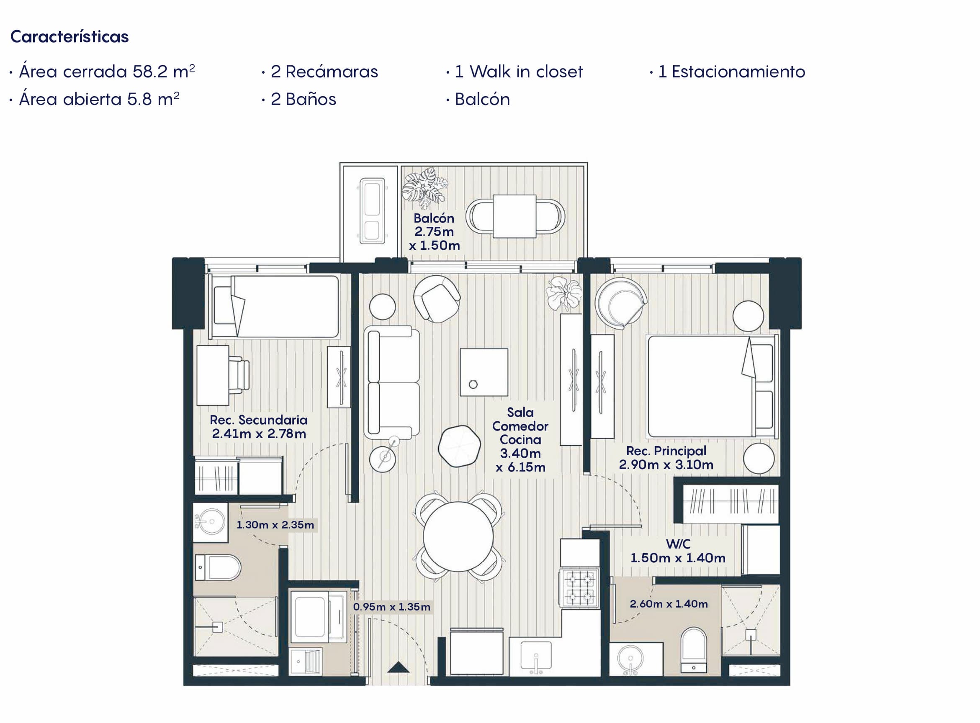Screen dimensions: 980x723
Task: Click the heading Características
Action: tap(69, 37)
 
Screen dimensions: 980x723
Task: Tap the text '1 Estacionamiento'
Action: tap(731, 72)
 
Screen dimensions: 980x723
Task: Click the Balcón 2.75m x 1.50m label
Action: tap(435, 232)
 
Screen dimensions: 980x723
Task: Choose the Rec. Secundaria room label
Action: tap(259, 427)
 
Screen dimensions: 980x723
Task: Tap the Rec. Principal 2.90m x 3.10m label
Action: tap(666, 458)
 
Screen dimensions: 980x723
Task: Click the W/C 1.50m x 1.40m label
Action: tap(678, 551)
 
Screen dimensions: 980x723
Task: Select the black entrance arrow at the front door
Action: tap(399, 667)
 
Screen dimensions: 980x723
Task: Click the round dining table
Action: tap(458, 536)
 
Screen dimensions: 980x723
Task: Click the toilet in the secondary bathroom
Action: tap(218, 568)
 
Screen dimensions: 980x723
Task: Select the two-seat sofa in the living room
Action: tap(391, 382)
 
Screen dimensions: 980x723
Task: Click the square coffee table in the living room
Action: tap(484, 372)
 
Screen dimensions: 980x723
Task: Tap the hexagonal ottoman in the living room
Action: tap(459, 446)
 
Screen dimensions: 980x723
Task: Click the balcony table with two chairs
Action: tap(515, 216)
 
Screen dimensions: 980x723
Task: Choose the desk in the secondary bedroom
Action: tap(213, 375)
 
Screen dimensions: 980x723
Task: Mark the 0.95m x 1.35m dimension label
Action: tap(391, 607)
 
